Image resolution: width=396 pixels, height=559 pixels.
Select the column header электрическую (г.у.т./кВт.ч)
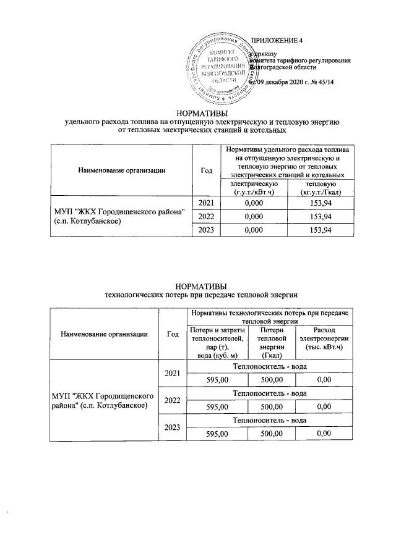249,188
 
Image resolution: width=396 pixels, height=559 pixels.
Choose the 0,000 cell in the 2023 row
249,230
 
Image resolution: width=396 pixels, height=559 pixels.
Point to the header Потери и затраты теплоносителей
215,342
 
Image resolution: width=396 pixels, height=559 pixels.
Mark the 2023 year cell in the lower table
173,427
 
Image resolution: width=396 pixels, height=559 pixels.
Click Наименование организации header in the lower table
104,334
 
